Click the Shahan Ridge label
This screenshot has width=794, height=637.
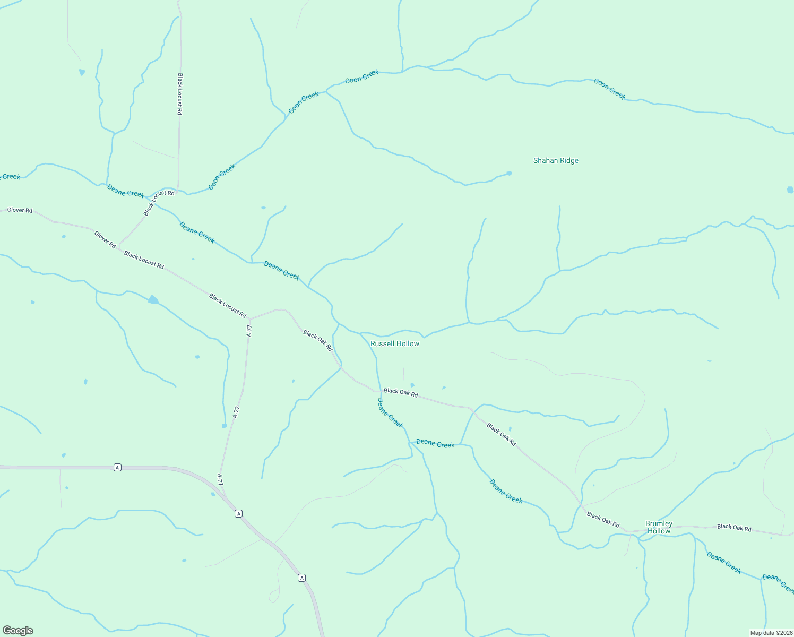point(556,160)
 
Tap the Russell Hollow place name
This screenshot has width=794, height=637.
point(395,343)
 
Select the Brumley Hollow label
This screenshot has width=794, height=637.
point(659,527)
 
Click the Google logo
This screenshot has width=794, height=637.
point(18,631)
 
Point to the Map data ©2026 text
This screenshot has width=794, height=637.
point(771,633)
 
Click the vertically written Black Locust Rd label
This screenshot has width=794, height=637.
point(180,94)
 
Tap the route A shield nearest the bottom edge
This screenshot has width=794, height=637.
point(301,578)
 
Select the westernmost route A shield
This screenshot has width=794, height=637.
point(117,467)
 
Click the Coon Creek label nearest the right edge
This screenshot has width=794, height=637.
point(610,89)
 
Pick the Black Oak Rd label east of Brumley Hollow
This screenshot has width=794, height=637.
point(734,527)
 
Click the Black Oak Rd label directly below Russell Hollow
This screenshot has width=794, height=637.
point(401,393)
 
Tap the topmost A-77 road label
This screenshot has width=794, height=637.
point(249,331)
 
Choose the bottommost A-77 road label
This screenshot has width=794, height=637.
point(220,479)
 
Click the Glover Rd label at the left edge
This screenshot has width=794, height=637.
point(20,210)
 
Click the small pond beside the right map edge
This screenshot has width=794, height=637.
point(790,190)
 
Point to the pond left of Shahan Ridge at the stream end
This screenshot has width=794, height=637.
point(509,173)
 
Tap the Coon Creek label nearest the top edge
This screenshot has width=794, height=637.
point(362,77)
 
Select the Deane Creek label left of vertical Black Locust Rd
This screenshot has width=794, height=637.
point(125,191)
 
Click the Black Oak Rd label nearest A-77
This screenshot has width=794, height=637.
point(317,341)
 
